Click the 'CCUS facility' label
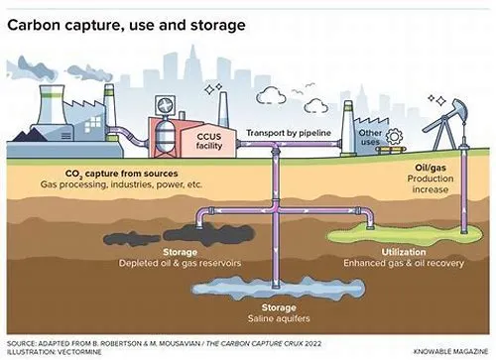click(x=209, y=141)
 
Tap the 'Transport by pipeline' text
click(x=289, y=133)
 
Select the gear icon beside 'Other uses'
click(x=394, y=136)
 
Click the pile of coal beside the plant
click(x=30, y=135)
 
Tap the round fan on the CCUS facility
click(x=165, y=105)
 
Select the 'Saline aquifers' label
click(x=279, y=318)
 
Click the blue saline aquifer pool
click(x=279, y=289)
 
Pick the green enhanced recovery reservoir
click(x=405, y=235)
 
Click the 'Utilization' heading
click(x=404, y=252)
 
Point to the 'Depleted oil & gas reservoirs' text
click(x=180, y=263)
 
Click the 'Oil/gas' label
click(x=431, y=168)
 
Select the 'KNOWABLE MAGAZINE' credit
click(x=450, y=351)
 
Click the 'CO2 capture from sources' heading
click(x=121, y=174)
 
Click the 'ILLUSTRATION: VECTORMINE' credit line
click(x=55, y=352)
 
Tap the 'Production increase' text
click(x=431, y=184)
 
